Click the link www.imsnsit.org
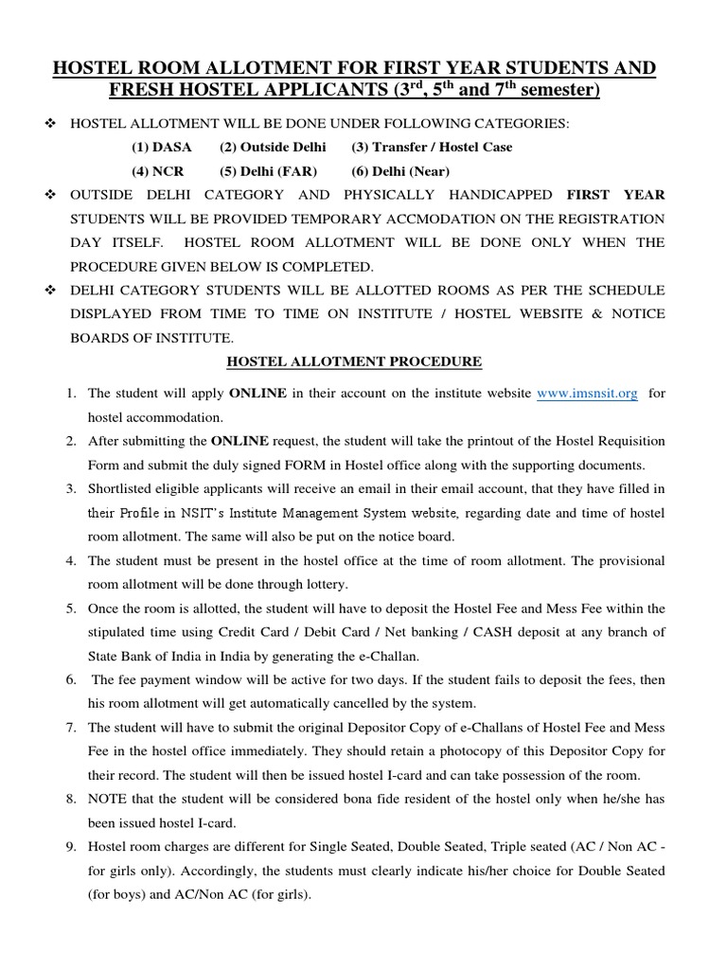[x=587, y=394]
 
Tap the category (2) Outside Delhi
[x=273, y=147]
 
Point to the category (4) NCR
[x=158, y=171]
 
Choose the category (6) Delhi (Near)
[x=387, y=171]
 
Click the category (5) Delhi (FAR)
[x=268, y=171]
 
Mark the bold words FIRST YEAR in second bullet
[x=615, y=195]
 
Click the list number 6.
[x=71, y=680]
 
